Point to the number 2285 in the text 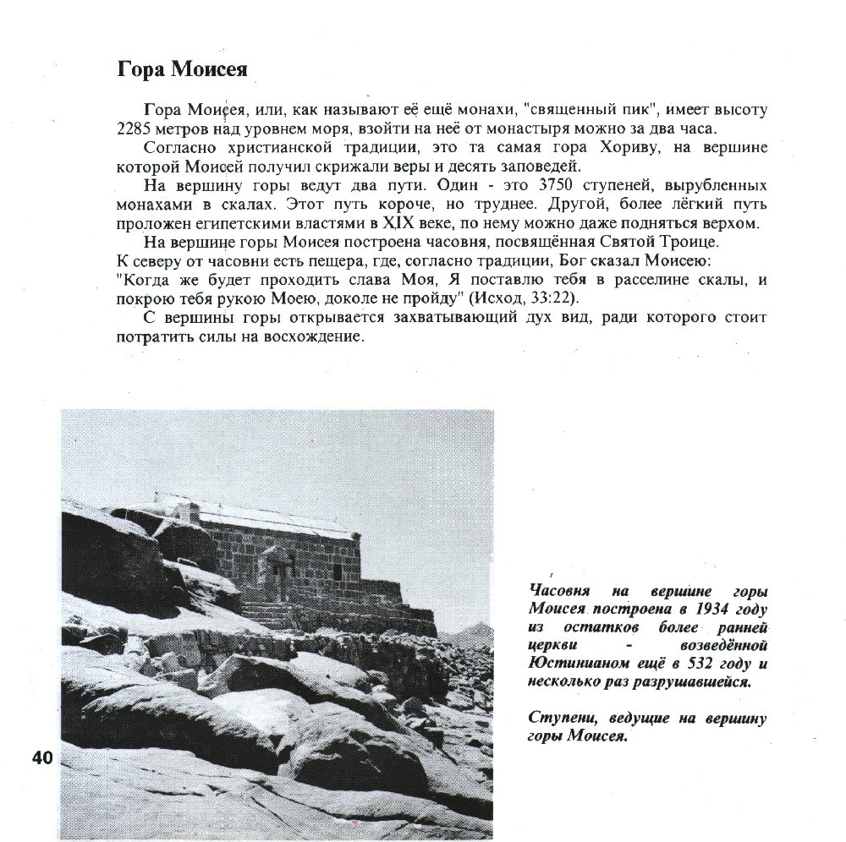(135, 128)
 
